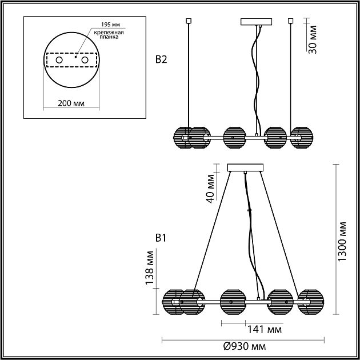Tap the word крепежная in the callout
[x=109, y=33]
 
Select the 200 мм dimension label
[x=71, y=103]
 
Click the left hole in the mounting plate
[x=59, y=60]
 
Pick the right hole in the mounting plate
[x=85, y=60]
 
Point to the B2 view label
[x=161, y=59]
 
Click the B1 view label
[x=161, y=238]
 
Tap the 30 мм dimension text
[x=312, y=39]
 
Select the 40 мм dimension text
[x=210, y=189]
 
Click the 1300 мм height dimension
[x=342, y=242]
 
